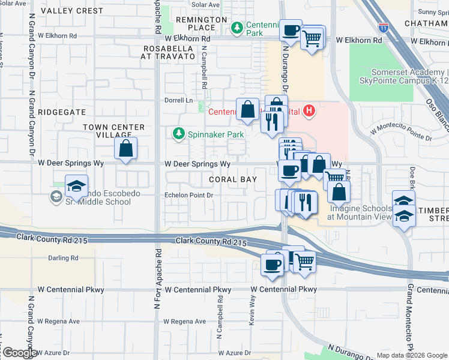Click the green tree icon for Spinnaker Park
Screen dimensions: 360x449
[x=178, y=133]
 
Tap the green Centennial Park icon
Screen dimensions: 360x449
[x=237, y=27]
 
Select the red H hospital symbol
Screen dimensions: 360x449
[x=309, y=110]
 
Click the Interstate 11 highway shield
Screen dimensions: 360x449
[x=384, y=27]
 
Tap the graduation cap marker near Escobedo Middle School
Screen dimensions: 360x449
[x=76, y=186]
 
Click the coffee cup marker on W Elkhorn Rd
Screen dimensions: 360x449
[x=291, y=30]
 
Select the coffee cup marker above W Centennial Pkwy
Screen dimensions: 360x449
[x=272, y=264]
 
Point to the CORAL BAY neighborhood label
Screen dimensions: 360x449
[x=233, y=179]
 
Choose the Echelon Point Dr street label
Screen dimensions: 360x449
[x=190, y=195]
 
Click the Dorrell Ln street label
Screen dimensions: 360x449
[x=179, y=100]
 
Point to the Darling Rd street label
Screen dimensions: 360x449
[x=63, y=258]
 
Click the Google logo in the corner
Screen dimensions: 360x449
[x=19, y=353]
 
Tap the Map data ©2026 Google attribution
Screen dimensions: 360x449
[x=411, y=355]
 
